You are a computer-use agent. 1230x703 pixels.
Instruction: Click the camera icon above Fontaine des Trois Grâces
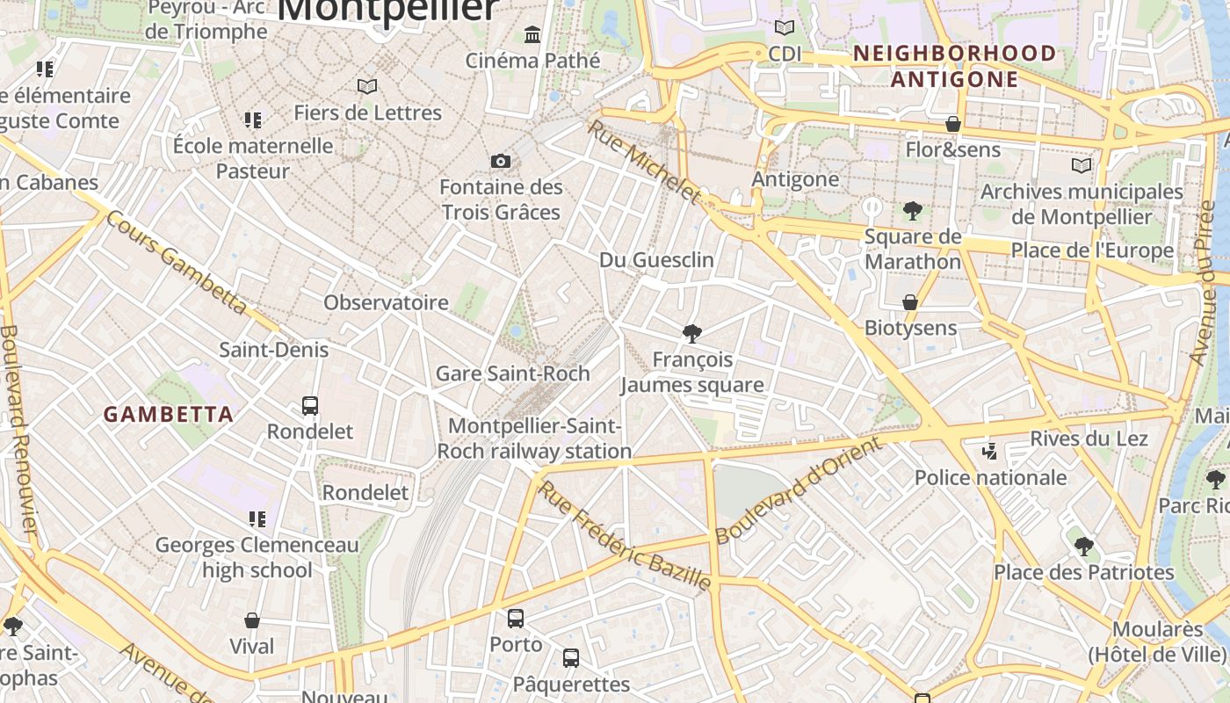(x=501, y=161)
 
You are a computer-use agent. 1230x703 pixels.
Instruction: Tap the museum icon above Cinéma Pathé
(x=532, y=35)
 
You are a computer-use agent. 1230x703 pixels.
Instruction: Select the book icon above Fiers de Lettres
(x=367, y=86)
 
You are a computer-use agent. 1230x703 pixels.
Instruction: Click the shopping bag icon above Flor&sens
(x=953, y=124)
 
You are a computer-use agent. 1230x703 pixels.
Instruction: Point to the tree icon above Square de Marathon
(x=913, y=211)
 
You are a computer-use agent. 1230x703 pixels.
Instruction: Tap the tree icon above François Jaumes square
(x=692, y=333)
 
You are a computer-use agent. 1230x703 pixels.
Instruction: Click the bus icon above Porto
(x=516, y=618)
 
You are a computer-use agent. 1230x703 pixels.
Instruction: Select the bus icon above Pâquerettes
(x=571, y=657)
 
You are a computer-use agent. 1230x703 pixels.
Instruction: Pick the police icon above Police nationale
(x=990, y=452)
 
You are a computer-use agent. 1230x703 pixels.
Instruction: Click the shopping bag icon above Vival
(x=252, y=620)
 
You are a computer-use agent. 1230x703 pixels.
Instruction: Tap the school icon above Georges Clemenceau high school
(x=257, y=518)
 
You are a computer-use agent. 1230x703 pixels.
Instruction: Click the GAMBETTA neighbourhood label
(x=169, y=414)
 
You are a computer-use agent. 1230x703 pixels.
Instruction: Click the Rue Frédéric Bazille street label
(x=624, y=535)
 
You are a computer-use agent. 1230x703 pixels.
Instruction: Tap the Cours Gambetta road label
(x=176, y=262)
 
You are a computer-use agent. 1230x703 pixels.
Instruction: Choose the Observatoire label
(x=386, y=302)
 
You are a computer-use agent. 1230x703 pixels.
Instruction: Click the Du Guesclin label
(x=656, y=260)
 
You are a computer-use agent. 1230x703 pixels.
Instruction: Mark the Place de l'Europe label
(x=1092, y=250)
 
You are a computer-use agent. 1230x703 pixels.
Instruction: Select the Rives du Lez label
(x=1089, y=438)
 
